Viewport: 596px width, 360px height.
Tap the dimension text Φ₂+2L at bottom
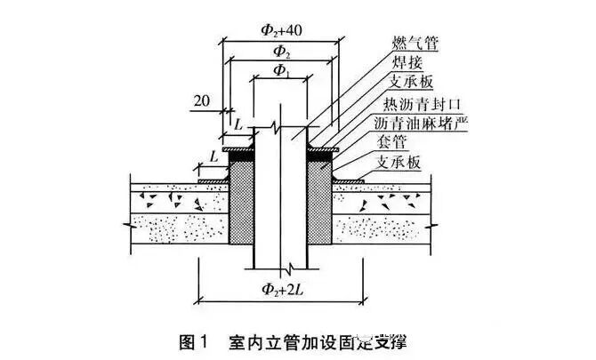point(279,287)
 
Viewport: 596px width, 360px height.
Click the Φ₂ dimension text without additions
point(279,50)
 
